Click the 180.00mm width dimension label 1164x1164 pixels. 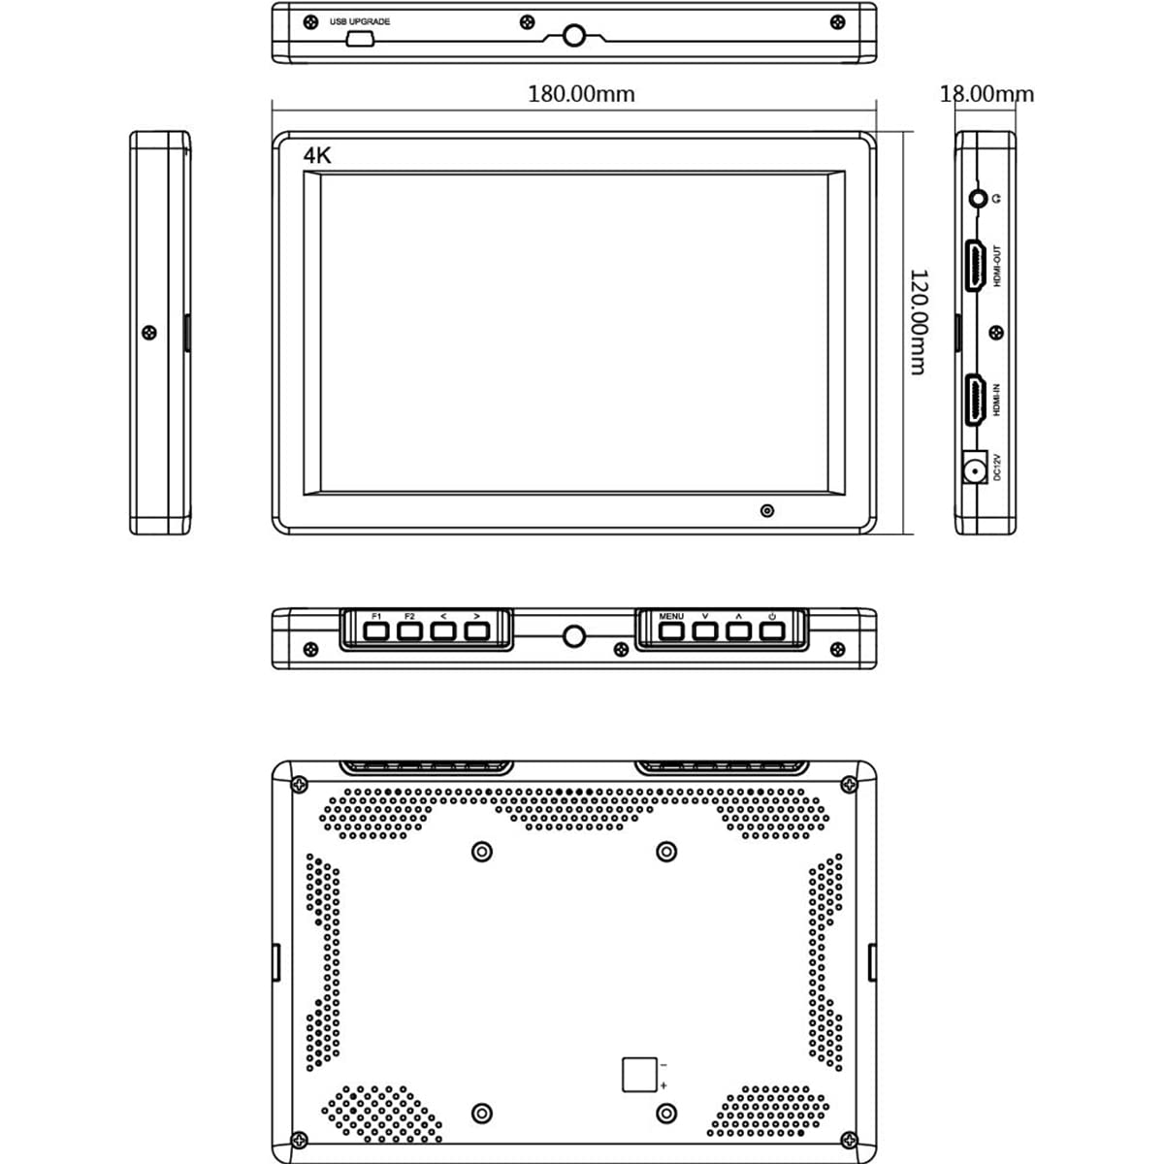(x=581, y=94)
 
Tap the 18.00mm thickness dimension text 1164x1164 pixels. (x=986, y=94)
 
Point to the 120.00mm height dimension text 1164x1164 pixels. (x=919, y=322)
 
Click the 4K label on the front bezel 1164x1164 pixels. (x=317, y=156)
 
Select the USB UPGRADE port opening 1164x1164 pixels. (x=360, y=39)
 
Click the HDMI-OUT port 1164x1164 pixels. (x=974, y=266)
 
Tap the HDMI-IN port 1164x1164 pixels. (x=974, y=400)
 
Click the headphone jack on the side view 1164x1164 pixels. (x=978, y=198)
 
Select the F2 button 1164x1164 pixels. (x=409, y=631)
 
